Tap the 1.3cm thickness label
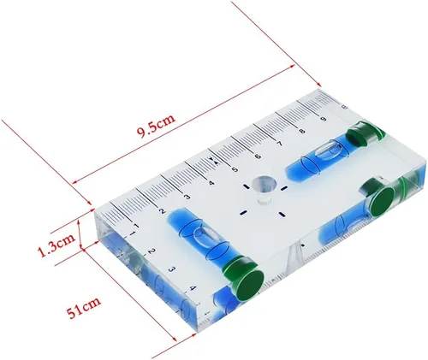[54, 251]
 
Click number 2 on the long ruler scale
[163, 211]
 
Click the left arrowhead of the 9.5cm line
[74, 184]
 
